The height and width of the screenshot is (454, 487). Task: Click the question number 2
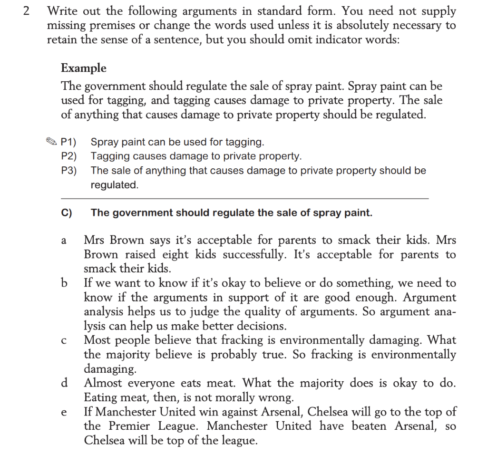(27, 11)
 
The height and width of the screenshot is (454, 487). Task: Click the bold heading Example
(84, 68)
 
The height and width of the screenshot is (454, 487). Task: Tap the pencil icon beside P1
(51, 142)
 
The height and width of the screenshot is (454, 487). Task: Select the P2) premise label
(69, 156)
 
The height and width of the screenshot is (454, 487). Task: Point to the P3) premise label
(69, 170)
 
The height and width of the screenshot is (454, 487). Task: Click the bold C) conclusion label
(67, 213)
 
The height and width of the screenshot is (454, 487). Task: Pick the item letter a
(64, 241)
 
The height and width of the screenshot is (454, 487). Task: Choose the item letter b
(64, 283)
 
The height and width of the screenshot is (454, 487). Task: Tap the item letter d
(64, 383)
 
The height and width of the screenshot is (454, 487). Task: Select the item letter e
(64, 412)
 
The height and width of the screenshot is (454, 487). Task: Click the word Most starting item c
(98, 340)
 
